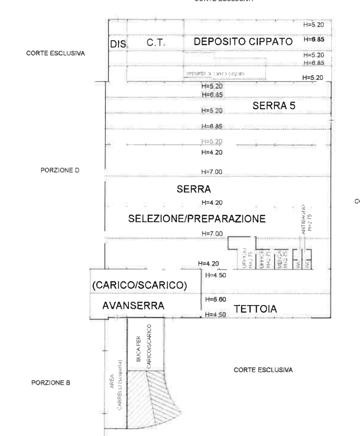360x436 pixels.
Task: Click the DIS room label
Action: pos(117,44)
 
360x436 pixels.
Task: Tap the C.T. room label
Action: pos(155,43)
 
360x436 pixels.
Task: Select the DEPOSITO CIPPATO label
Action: pos(243,42)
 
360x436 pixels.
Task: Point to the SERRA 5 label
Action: pos(274,106)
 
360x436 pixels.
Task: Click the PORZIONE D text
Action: pos(60,170)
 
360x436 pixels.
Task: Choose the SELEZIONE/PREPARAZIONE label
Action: pos(197,219)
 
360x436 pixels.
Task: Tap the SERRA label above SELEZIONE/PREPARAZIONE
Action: pos(194,189)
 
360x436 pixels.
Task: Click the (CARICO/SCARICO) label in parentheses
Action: pos(140,285)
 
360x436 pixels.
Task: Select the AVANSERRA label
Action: pos(133,306)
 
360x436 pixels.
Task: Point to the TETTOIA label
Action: pos(255,309)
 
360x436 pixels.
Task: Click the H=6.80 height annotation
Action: pos(215,299)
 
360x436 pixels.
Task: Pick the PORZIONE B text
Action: pos(51,383)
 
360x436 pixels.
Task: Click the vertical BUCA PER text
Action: pos(138,350)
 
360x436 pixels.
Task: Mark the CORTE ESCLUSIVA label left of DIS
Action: pos(55,53)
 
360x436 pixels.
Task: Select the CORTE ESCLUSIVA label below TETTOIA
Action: pos(263,370)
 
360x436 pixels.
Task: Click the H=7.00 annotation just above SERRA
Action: pos(211,172)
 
